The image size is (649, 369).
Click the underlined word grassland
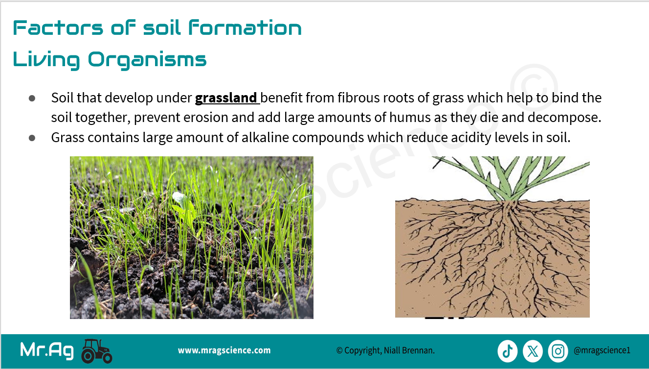point(225,98)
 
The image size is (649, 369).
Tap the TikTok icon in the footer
point(507,351)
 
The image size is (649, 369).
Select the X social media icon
point(533,351)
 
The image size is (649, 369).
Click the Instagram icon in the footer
point(558,351)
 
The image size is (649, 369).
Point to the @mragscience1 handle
point(602,350)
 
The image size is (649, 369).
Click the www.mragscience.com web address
point(224,350)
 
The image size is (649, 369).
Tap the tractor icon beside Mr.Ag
point(96,351)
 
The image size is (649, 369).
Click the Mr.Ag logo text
point(46,351)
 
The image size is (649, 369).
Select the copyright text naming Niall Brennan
point(385,351)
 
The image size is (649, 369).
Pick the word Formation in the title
point(245,28)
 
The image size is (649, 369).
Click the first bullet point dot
point(32,98)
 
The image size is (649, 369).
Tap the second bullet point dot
point(32,138)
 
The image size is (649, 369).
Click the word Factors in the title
point(58,28)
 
